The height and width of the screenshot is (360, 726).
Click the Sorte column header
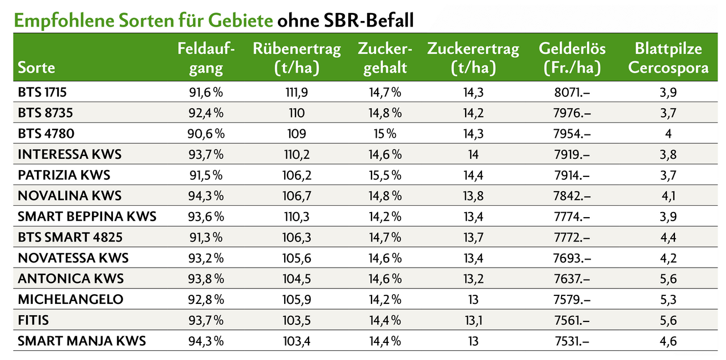(36, 67)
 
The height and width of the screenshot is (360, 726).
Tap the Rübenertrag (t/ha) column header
(297, 58)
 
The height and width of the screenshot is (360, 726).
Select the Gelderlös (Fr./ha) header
(572, 58)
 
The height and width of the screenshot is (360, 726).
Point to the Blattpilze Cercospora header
(668, 58)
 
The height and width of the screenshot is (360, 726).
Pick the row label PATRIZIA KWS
(64, 175)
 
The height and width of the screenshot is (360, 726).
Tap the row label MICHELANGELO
(70, 299)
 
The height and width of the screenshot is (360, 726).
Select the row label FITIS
(33, 320)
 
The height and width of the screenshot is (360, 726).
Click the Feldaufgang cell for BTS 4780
(206, 134)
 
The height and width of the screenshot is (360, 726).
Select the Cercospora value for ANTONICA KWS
(668, 279)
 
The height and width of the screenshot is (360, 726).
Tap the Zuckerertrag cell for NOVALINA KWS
(473, 196)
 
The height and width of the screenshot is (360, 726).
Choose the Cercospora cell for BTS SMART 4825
(668, 238)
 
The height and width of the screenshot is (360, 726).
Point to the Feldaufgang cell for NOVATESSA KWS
(206, 258)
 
